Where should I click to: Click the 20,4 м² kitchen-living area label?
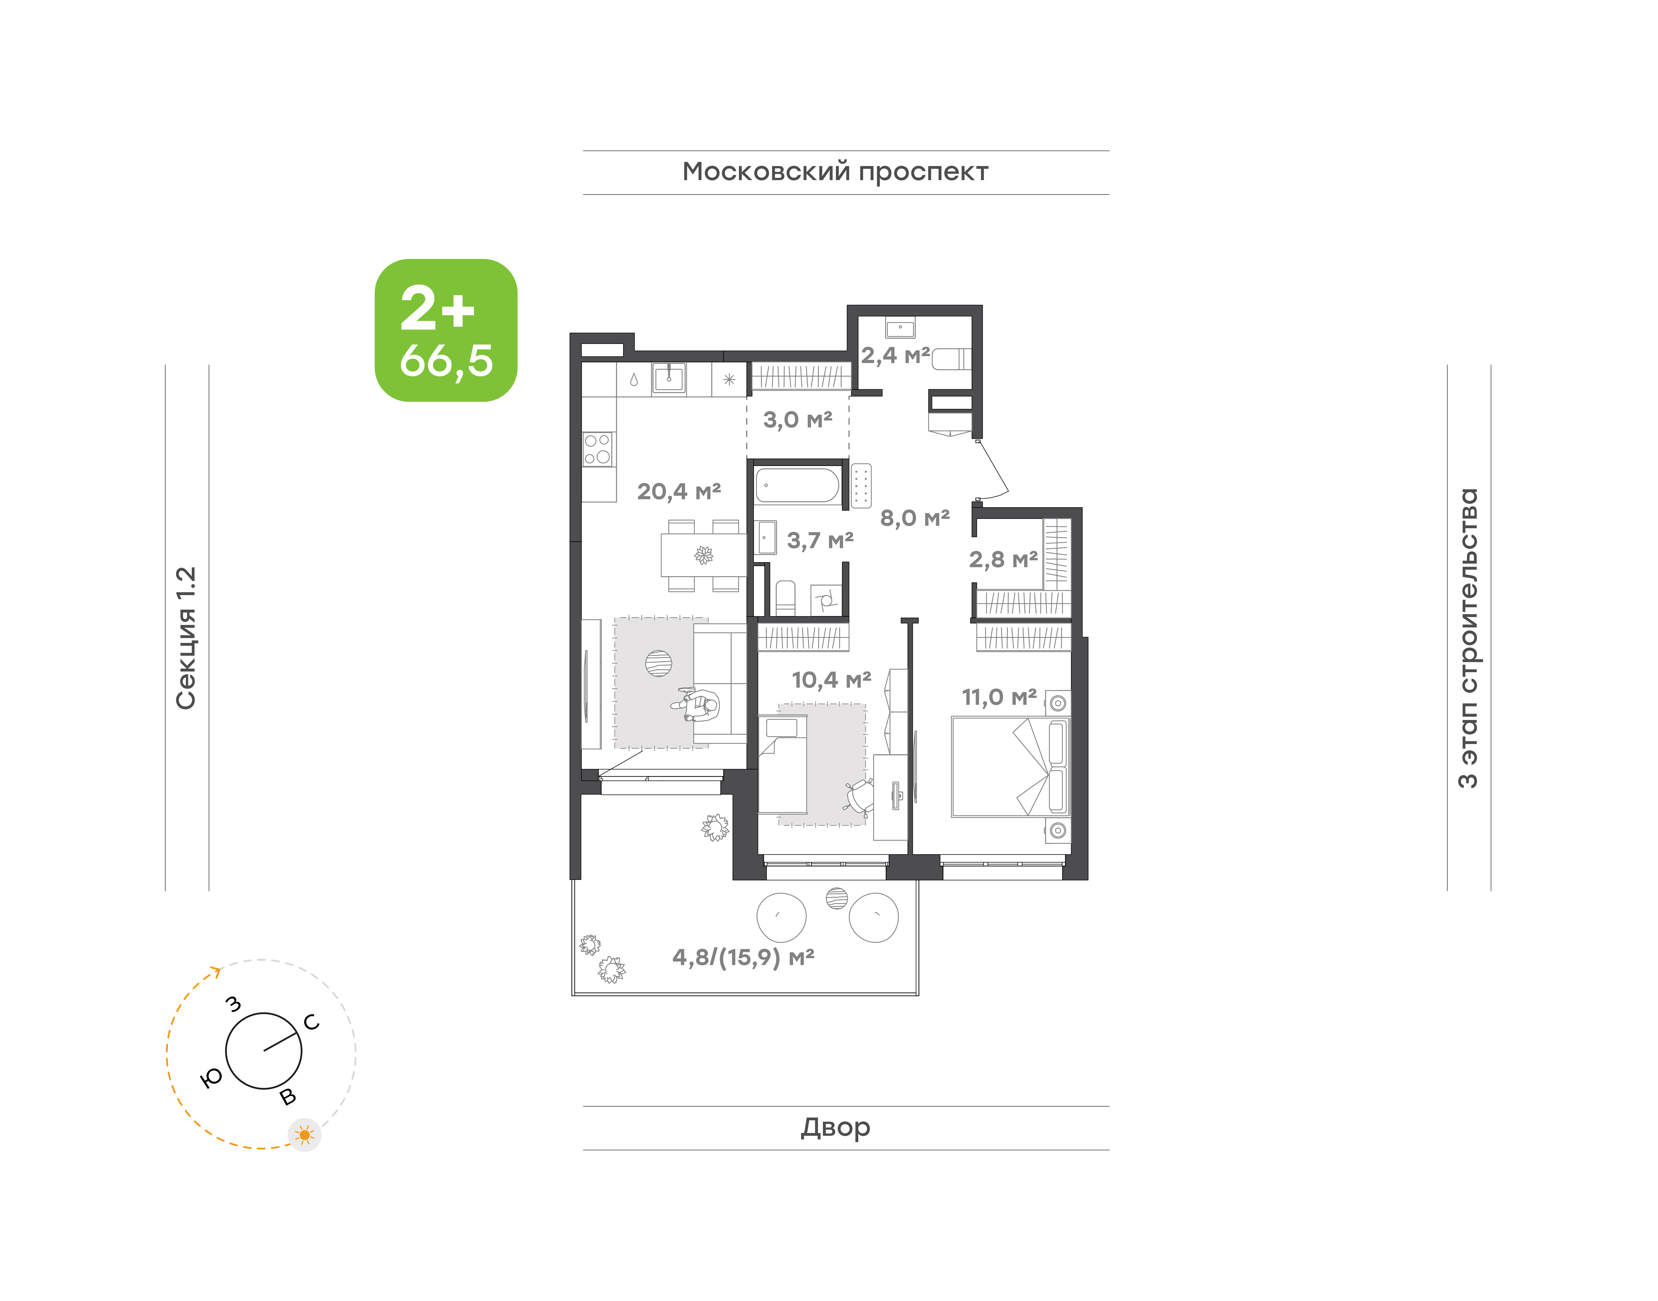[679, 491]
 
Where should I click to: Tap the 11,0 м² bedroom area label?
[999, 697]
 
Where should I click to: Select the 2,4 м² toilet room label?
[895, 355]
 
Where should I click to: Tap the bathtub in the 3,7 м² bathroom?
[797, 485]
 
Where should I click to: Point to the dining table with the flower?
[703, 555]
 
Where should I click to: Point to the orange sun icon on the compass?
[305, 1135]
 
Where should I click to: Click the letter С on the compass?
[312, 1022]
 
